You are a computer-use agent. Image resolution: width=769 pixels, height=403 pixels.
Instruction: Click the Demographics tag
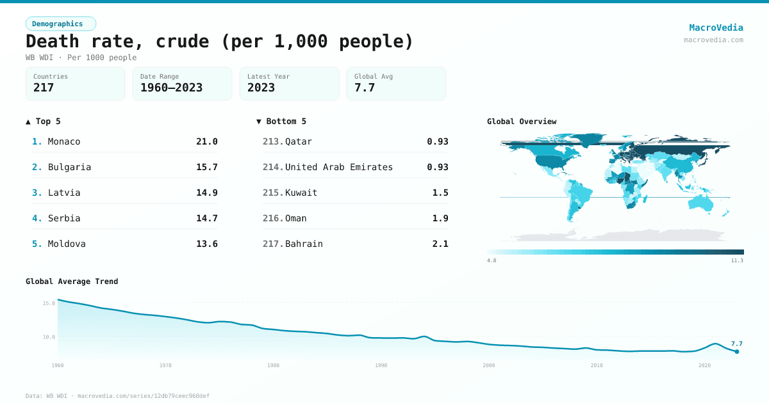point(61,24)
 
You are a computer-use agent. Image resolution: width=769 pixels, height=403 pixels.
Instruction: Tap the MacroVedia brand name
point(716,28)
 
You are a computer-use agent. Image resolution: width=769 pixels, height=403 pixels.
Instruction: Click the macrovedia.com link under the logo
point(713,40)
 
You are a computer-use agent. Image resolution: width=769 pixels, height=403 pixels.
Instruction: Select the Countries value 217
point(44,88)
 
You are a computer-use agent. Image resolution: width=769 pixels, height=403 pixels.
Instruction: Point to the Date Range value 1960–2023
point(171,88)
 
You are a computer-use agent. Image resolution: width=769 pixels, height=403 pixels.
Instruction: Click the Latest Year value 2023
point(261,88)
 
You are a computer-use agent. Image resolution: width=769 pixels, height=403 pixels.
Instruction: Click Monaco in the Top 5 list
point(64,141)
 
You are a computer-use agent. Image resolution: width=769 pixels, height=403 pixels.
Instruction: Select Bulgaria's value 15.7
point(206,167)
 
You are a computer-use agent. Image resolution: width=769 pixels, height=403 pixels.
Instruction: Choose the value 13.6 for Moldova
point(206,244)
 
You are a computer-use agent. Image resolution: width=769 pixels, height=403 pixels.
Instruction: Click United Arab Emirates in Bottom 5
point(338,167)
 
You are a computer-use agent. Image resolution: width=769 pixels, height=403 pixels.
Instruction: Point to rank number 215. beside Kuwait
point(273,193)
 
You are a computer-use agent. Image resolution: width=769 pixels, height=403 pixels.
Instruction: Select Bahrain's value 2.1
point(440,244)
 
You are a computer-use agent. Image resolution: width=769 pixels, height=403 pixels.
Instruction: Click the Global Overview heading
point(522,122)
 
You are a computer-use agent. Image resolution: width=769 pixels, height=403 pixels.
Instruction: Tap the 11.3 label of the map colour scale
point(737,260)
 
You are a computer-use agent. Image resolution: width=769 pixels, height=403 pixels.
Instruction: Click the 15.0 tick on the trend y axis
point(49,303)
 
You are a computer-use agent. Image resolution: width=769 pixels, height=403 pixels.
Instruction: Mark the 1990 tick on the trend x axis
point(381,365)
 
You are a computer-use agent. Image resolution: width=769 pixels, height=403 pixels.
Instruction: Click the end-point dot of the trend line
point(737,351)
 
